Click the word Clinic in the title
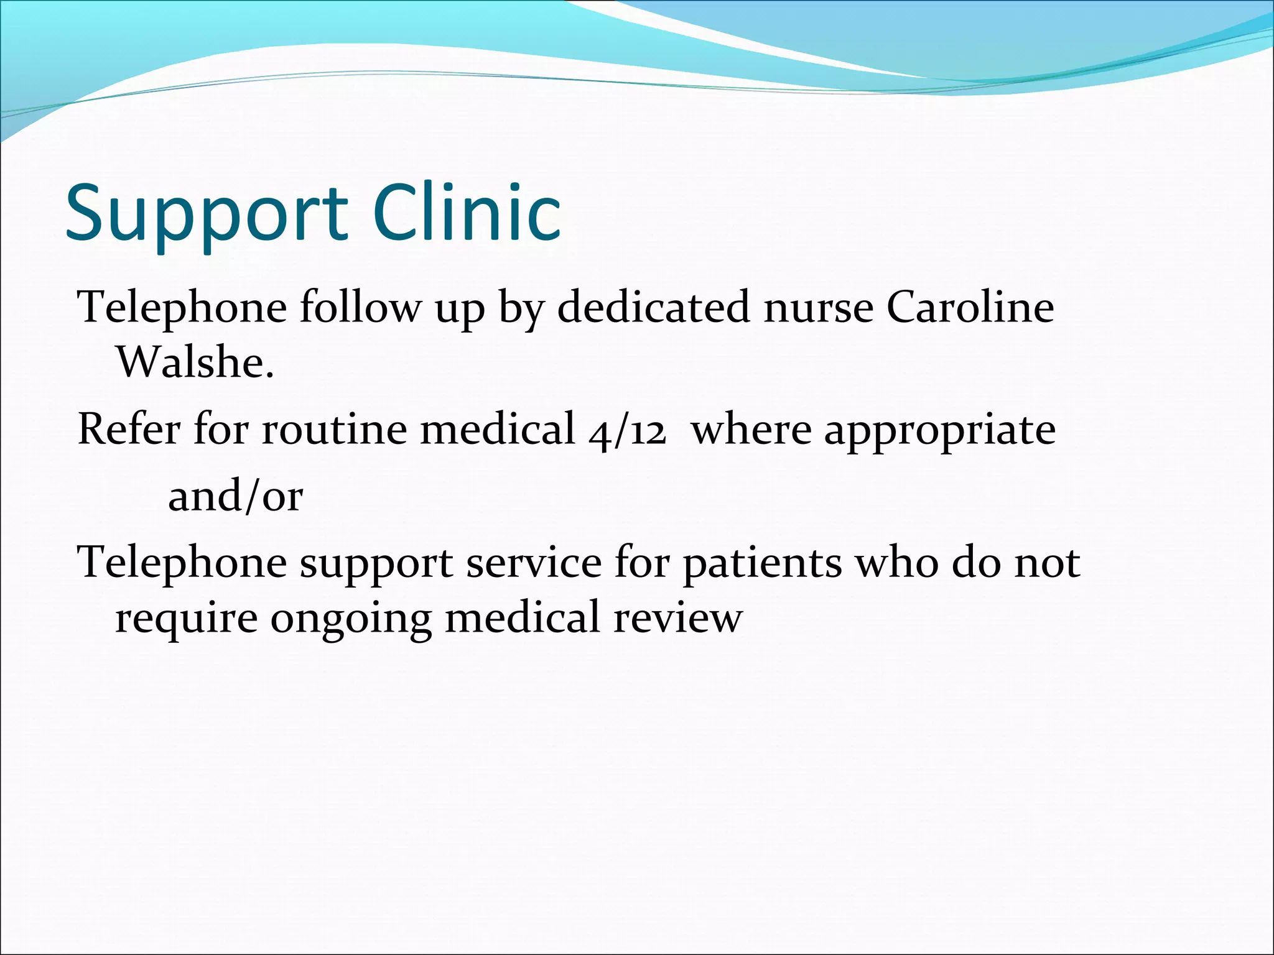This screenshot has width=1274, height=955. (468, 213)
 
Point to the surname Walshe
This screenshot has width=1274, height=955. (195, 362)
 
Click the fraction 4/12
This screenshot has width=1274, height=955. (627, 430)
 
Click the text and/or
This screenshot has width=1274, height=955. (235, 496)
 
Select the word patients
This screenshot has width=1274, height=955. (762, 563)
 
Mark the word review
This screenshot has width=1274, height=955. (678, 618)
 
